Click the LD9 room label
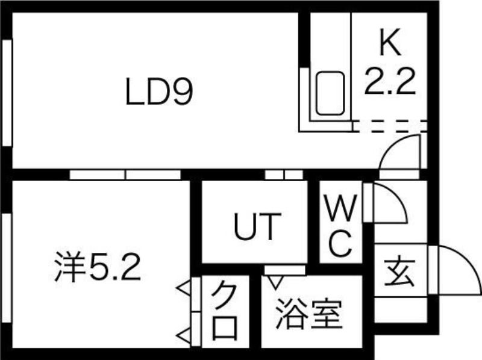point(159,92)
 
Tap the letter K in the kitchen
point(390,42)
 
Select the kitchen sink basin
point(330,93)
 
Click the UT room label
point(258,226)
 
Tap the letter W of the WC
point(340,208)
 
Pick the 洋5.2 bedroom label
point(98,267)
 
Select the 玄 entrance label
point(399,273)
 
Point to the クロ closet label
point(225,311)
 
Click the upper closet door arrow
point(184,289)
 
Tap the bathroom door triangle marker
point(275,282)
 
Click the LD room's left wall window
point(7,93)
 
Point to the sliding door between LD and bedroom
point(125,175)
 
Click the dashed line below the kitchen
point(390,126)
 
